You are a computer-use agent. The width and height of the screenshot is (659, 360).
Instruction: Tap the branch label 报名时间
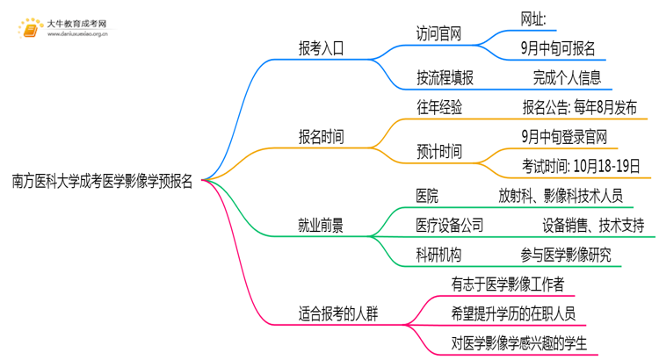click(x=322, y=137)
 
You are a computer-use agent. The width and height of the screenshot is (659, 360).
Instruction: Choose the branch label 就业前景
click(x=322, y=226)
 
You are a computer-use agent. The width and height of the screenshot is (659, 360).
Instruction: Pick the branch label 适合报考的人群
click(x=339, y=313)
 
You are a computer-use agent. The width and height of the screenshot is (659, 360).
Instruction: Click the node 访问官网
click(x=439, y=34)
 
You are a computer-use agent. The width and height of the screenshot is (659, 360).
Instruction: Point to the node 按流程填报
click(x=445, y=77)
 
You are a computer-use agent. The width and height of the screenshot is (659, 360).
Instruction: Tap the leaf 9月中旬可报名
click(x=557, y=48)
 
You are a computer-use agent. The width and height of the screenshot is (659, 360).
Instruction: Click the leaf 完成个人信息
click(x=567, y=77)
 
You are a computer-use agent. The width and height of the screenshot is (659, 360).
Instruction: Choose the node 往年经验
click(x=439, y=107)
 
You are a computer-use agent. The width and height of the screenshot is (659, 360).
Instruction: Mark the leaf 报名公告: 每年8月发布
click(x=580, y=107)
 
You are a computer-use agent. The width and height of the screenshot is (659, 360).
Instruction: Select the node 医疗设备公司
click(x=450, y=226)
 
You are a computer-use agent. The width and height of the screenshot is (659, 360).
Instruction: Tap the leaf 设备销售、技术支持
click(x=593, y=226)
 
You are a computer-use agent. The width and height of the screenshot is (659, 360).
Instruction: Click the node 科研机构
click(x=439, y=256)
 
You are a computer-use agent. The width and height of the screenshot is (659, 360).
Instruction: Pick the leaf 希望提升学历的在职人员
click(x=514, y=313)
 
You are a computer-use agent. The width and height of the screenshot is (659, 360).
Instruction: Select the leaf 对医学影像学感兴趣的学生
click(x=518, y=342)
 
